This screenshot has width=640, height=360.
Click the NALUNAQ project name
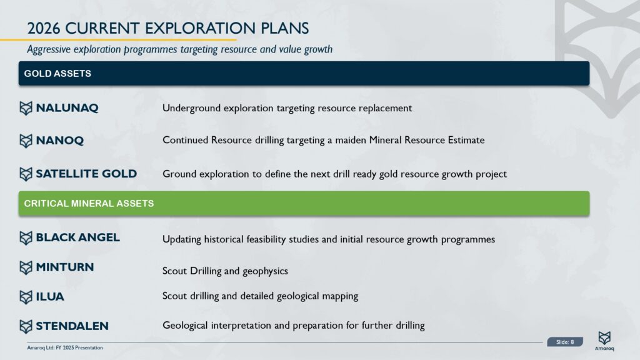click(67, 108)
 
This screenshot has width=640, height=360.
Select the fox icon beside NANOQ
click(26, 141)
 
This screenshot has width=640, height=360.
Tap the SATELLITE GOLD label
click(86, 174)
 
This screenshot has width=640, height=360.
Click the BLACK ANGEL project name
click(77, 237)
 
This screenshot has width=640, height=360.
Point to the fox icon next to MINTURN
click(26, 267)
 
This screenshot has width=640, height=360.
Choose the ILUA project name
click(50, 297)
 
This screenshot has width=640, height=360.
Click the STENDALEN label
click(72, 326)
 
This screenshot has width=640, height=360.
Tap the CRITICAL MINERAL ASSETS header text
click(89, 204)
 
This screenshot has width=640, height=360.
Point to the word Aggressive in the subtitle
click(49, 49)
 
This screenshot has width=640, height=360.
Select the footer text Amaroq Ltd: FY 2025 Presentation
click(65, 347)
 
